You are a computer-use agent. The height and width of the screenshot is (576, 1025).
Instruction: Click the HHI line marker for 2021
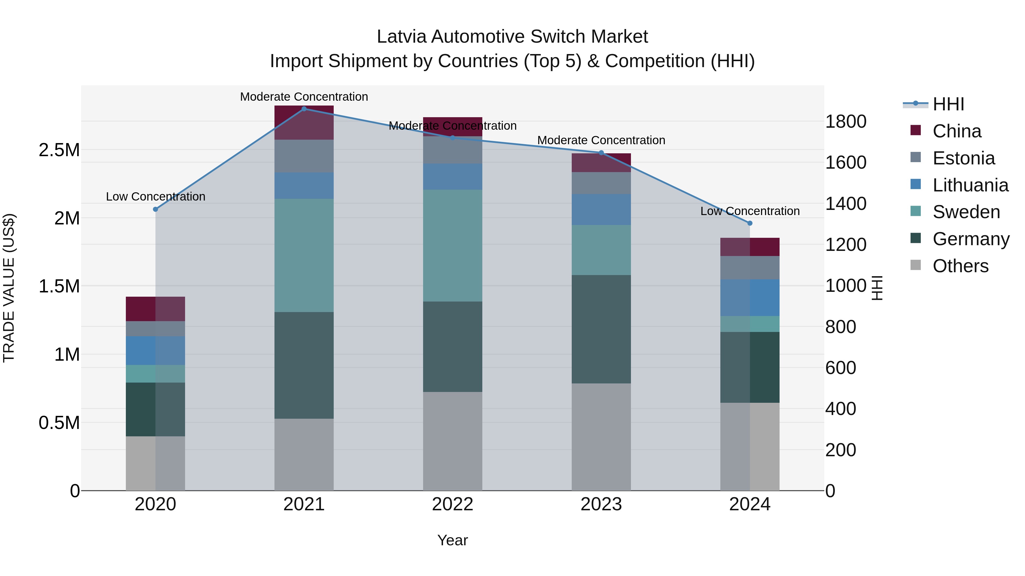[304, 109]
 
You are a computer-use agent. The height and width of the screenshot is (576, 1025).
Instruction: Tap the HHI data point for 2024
[750, 223]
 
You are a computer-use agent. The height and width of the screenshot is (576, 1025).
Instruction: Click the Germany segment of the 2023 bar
[601, 329]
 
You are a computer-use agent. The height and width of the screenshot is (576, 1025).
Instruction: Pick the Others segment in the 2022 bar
[452, 441]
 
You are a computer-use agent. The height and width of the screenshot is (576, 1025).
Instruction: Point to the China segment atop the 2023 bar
[601, 163]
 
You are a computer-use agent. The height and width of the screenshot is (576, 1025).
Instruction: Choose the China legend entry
[957, 131]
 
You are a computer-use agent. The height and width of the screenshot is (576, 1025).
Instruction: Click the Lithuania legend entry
[970, 185]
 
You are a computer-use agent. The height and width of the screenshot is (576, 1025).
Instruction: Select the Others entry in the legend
[960, 266]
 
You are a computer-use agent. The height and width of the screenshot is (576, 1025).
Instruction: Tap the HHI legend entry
[948, 104]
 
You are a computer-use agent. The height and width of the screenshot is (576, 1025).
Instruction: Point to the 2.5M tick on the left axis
[59, 150]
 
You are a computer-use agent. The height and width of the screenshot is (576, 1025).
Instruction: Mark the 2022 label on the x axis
[452, 504]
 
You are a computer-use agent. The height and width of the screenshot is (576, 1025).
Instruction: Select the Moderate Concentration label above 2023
[601, 140]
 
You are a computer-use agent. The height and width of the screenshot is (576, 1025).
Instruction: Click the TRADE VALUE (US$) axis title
[9, 288]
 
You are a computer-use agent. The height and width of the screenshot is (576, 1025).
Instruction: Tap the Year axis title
[452, 540]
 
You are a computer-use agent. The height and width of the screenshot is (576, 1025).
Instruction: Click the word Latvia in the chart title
[402, 37]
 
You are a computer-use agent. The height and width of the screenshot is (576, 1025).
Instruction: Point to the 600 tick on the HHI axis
[840, 368]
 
